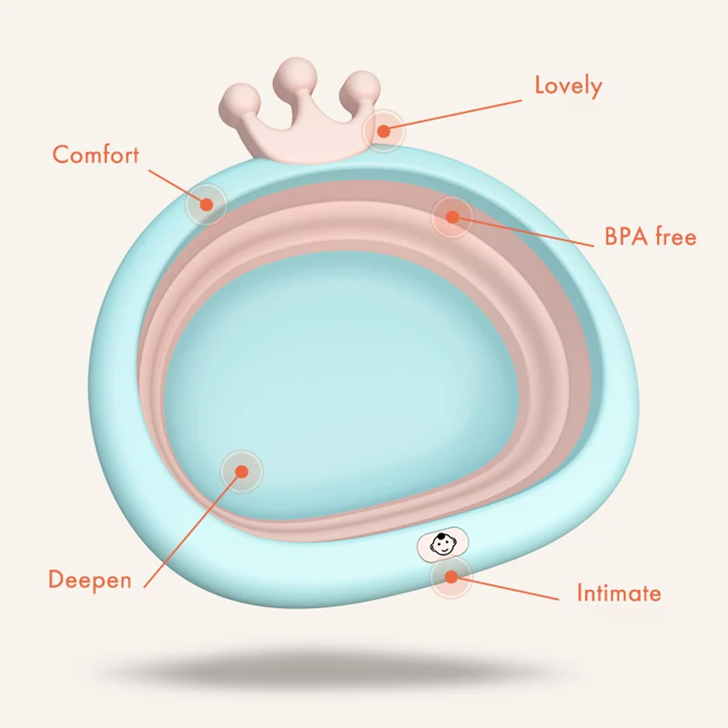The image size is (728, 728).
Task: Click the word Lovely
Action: pos(568,86)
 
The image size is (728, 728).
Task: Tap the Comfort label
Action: pos(96,154)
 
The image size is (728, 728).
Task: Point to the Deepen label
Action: pos(89,580)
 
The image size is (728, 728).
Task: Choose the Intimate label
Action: pos(619,594)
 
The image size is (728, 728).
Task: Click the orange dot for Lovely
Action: pos(383,131)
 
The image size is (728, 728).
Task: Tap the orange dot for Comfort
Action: pos(207,205)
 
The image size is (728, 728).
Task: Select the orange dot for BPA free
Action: pos(452,216)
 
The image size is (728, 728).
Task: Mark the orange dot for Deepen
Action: pos(241,470)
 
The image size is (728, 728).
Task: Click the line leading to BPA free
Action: pos(528,228)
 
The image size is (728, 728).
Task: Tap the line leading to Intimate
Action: pos(510,589)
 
